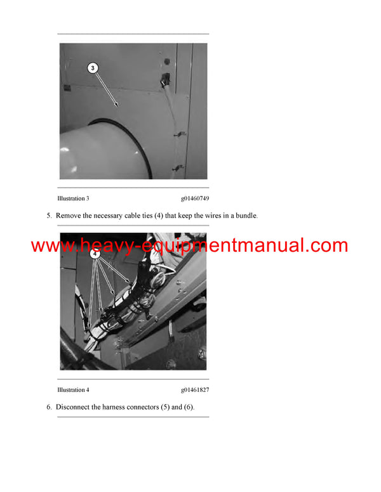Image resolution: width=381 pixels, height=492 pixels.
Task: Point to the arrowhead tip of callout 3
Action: (x=118, y=106)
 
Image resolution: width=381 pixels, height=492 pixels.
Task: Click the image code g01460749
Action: (x=194, y=198)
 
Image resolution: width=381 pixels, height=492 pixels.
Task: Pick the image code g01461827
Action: (x=194, y=390)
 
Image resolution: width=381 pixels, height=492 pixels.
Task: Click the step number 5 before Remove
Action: (x=49, y=216)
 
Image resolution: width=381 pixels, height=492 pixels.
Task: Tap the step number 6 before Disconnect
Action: (x=49, y=407)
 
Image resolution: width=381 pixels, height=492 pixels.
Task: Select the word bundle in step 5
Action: (x=244, y=216)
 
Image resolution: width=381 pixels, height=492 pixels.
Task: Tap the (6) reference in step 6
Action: (x=189, y=407)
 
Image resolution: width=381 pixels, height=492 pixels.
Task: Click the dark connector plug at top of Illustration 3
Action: (x=166, y=79)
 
